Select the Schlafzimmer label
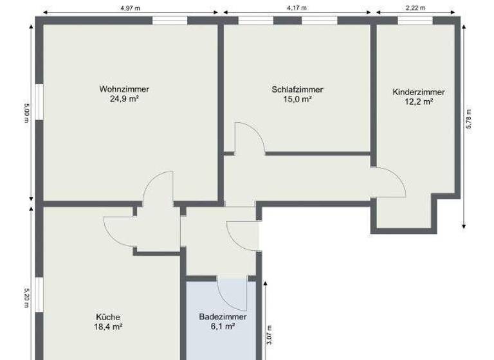point(297,89)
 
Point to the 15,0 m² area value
point(297,100)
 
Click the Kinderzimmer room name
point(418,92)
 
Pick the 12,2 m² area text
point(418,102)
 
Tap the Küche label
point(108,317)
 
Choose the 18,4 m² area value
point(108,327)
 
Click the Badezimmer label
point(223,317)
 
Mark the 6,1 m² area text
point(223,327)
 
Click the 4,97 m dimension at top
point(131,7)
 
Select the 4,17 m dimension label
point(297,7)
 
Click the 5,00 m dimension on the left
point(26,114)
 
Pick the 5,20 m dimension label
point(26,297)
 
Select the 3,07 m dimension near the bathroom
point(270,334)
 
